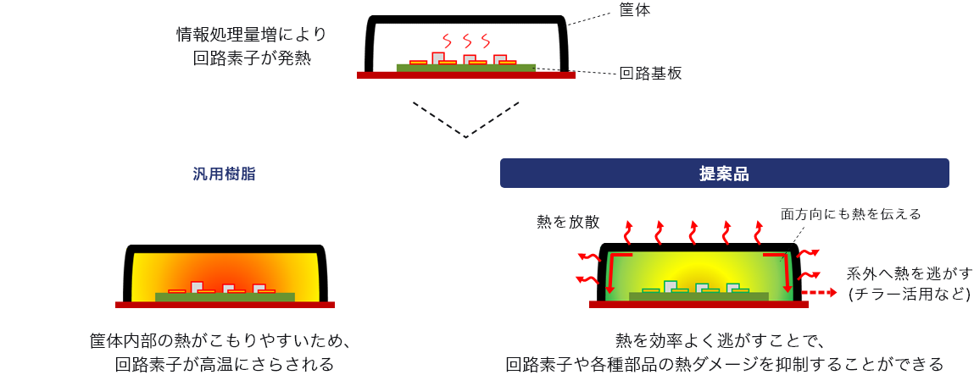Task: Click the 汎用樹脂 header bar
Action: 225,174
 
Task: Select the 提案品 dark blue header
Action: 724,174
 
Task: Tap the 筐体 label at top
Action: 635,9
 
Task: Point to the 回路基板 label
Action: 650,74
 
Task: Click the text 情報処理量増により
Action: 251,35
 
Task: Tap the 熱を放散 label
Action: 568,222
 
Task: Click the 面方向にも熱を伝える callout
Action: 850,214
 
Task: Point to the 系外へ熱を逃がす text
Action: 909,274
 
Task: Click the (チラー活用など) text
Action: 909,295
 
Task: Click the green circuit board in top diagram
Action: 465,68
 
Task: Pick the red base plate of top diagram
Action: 465,75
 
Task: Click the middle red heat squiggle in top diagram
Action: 465,41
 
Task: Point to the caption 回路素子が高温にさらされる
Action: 225,364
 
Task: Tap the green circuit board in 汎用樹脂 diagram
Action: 225,297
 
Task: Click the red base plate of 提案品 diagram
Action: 698,305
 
